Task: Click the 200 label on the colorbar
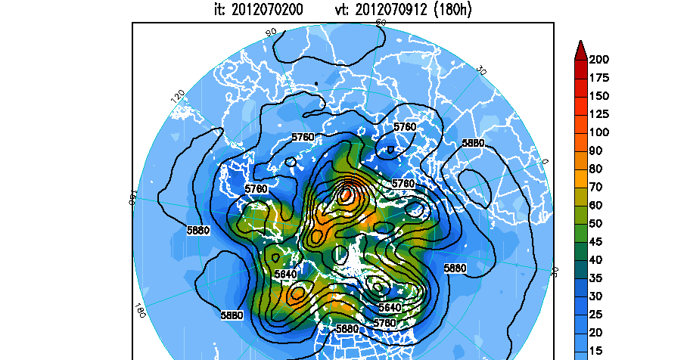[x=599, y=59]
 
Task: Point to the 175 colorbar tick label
[x=599, y=77]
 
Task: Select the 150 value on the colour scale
[x=599, y=95]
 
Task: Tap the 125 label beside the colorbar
[x=599, y=113]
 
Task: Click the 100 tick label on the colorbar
[x=599, y=132]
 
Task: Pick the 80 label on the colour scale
[x=596, y=169]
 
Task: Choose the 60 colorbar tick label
[x=596, y=205]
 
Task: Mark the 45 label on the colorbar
[x=596, y=242]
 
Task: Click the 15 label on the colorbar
[x=596, y=351]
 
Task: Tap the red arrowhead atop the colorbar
[x=580, y=49]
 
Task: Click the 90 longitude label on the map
[x=271, y=33]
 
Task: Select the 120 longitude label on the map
[x=179, y=97]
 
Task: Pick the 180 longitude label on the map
[x=139, y=310]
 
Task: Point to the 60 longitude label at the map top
[x=381, y=24]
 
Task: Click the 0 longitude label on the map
[x=544, y=161]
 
